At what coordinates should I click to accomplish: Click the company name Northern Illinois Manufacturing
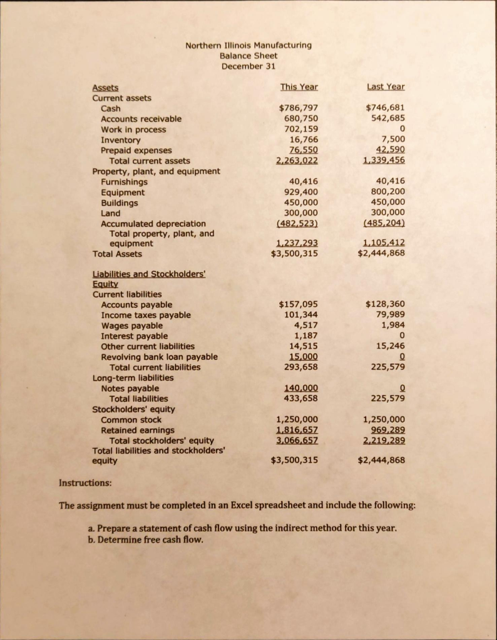[248, 45]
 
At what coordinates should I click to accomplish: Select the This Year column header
[298, 87]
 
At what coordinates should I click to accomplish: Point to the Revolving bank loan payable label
[159, 357]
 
